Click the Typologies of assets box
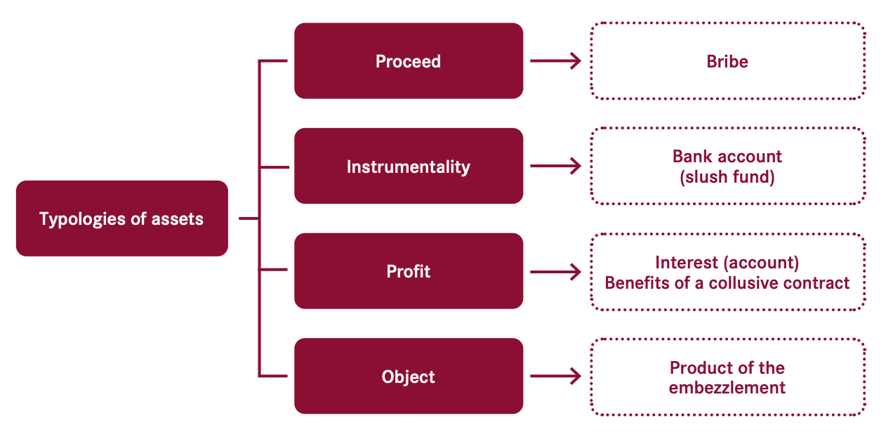tap(122, 218)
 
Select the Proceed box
tap(409, 60)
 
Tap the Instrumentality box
tap(409, 166)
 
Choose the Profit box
tap(409, 271)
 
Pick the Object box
tap(409, 376)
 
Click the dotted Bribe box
tap(728, 60)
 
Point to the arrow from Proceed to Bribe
tap(556, 60)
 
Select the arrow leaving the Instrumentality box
tap(556, 166)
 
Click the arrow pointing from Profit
tap(556, 271)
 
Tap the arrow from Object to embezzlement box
tap(556, 376)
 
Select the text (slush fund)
tap(727, 177)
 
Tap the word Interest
tap(686, 263)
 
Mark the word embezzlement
tap(727, 388)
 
